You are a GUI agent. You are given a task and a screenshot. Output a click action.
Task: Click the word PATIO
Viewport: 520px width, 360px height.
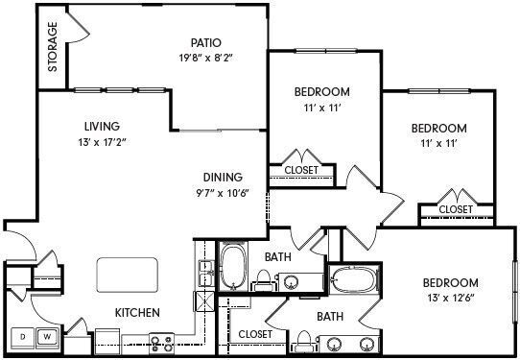(x=205, y=42)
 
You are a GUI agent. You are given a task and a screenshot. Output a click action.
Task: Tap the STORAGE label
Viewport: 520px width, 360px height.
(x=54, y=47)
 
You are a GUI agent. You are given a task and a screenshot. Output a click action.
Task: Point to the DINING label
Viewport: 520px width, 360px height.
(x=222, y=177)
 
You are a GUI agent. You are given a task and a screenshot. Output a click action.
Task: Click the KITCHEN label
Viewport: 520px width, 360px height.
(x=137, y=313)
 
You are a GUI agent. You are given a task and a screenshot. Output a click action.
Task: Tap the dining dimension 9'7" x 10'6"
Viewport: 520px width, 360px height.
(x=222, y=192)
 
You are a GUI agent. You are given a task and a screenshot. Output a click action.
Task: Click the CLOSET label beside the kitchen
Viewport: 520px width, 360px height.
(x=255, y=334)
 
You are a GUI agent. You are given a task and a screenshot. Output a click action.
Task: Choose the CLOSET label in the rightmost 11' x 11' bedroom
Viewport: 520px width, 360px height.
(x=456, y=208)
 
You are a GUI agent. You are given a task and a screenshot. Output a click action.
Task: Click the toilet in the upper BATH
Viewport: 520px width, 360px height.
(x=262, y=279)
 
